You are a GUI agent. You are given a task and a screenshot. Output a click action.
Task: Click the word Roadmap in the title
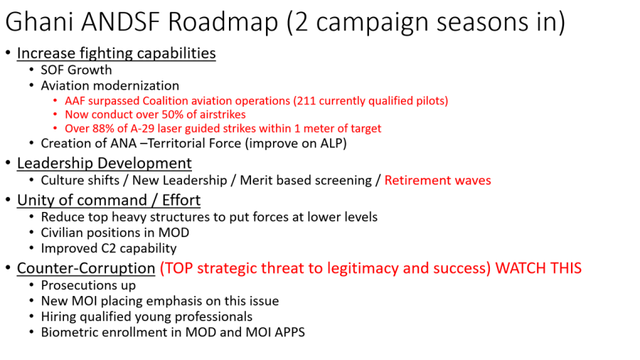tap(223, 22)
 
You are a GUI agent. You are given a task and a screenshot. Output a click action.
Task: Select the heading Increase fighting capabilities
tap(117, 53)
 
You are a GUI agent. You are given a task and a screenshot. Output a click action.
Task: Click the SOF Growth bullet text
tap(76, 70)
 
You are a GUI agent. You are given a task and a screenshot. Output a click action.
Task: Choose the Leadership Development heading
tap(104, 163)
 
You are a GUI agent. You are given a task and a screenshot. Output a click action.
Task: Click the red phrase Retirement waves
tap(437, 181)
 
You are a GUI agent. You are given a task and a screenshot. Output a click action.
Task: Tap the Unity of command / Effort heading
tap(109, 201)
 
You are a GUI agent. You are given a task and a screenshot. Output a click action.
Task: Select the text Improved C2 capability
tap(109, 248)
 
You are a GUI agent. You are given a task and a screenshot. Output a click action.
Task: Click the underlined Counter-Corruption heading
tap(86, 268)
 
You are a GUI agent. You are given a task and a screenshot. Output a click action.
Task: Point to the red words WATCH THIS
tap(538, 268)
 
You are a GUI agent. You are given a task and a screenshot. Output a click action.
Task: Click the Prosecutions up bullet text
tap(89, 285)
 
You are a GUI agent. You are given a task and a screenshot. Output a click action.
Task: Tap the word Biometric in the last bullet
tap(70, 332)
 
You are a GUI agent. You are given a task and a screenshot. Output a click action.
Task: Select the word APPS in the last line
tap(290, 332)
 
